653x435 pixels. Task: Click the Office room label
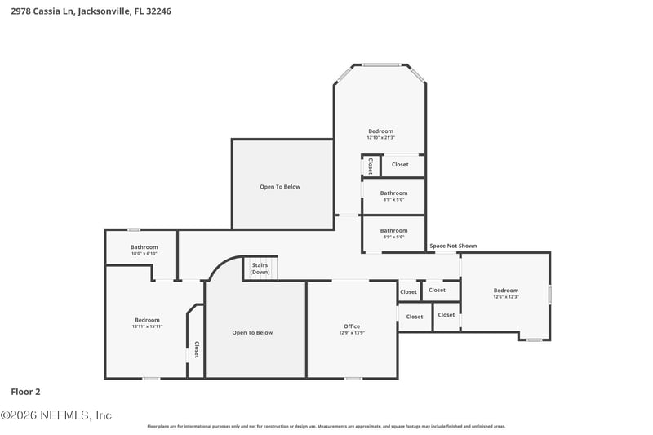pyautogui.click(x=352, y=326)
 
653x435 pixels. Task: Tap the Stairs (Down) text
pyautogui.click(x=260, y=269)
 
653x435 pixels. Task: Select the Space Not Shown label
pyautogui.click(x=453, y=246)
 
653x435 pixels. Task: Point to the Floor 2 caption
pyautogui.click(x=25, y=392)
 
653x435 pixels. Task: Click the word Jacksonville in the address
pyautogui.click(x=106, y=12)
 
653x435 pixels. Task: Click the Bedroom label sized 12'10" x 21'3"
pyautogui.click(x=380, y=131)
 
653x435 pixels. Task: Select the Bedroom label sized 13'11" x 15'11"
pyautogui.click(x=147, y=320)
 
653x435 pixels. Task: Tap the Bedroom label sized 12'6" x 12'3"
pyautogui.click(x=505, y=291)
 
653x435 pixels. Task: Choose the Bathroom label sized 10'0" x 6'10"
pyautogui.click(x=144, y=247)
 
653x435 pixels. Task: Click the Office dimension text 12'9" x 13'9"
pyautogui.click(x=352, y=333)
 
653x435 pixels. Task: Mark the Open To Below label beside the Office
pyautogui.click(x=252, y=333)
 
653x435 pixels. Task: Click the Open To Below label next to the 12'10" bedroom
pyautogui.click(x=280, y=187)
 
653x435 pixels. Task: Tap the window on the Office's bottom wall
pyautogui.click(x=353, y=378)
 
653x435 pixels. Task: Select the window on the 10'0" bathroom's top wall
pyautogui.click(x=133, y=229)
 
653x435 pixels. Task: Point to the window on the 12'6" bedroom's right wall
pyautogui.click(x=549, y=294)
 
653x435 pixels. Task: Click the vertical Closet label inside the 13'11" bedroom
pyautogui.click(x=196, y=349)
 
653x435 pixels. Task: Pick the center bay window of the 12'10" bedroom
pyautogui.click(x=380, y=64)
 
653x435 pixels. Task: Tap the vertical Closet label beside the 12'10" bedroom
pyautogui.click(x=370, y=166)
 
